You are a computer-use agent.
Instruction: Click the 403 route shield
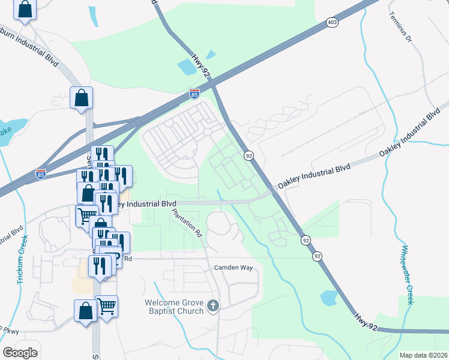tap(332, 22)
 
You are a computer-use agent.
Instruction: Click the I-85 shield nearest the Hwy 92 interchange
tap(194, 94)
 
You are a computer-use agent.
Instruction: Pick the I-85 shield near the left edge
tap(41, 173)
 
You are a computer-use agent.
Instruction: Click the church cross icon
tap(212, 307)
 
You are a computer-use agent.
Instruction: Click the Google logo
tap(20, 352)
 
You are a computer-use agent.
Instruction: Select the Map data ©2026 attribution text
tap(423, 355)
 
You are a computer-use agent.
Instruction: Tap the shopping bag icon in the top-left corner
tap(25, 10)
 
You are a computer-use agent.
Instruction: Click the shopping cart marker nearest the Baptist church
tap(107, 307)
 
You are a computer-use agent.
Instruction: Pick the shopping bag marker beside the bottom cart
tap(85, 311)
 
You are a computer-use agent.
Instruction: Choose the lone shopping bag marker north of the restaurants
tap(82, 98)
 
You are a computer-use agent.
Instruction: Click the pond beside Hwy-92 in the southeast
tap(329, 297)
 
